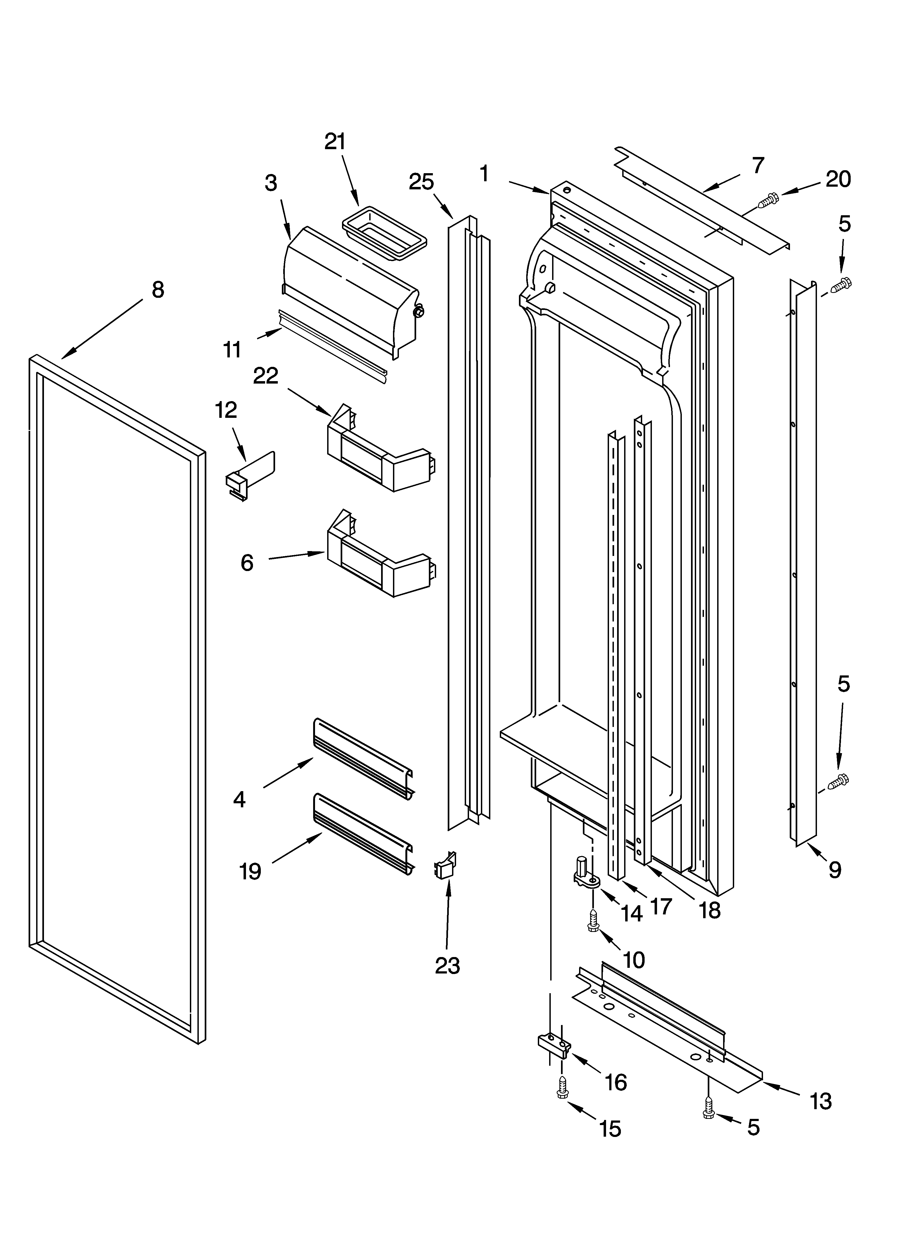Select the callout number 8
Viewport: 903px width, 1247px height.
coord(158,290)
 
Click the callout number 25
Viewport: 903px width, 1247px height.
coord(421,182)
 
